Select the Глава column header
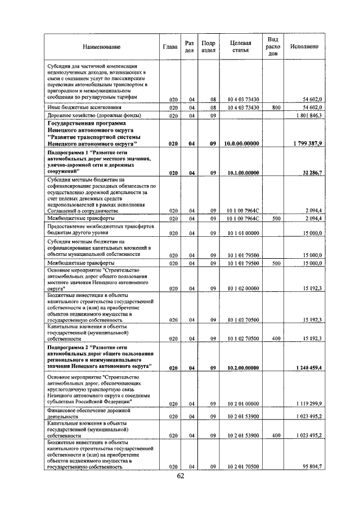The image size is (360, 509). coord(170,46)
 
